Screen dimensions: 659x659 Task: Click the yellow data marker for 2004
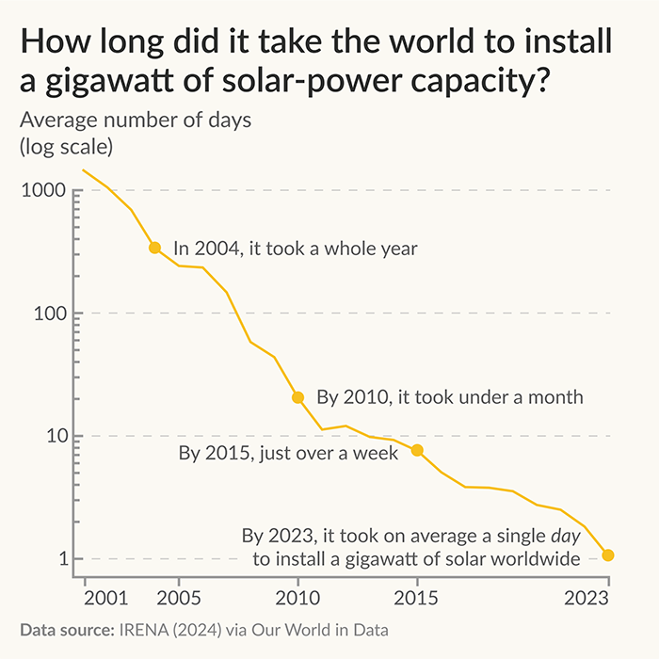[154, 248]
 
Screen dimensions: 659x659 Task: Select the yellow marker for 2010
[298, 397]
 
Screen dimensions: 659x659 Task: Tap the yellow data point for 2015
[417, 450]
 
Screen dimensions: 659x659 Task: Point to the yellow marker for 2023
[608, 555]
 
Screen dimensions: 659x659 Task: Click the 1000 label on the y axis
[43, 190]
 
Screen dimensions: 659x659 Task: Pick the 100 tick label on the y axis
[51, 313]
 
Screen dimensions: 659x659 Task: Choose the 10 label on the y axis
[57, 436]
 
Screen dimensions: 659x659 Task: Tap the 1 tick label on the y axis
[64, 559]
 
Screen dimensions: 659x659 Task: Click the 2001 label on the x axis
[105, 598]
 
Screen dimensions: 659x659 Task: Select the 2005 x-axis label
[179, 598]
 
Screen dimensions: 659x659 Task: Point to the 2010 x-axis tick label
[298, 598]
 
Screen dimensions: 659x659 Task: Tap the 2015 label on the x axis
[416, 598]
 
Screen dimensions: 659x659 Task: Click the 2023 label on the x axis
[587, 598]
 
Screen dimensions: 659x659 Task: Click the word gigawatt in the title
[110, 82]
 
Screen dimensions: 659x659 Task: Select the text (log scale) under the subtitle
[67, 147]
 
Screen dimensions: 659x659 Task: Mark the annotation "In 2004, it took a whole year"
[296, 249]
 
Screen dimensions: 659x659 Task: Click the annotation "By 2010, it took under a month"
[450, 397]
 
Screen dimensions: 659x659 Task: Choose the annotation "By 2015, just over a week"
[288, 453]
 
